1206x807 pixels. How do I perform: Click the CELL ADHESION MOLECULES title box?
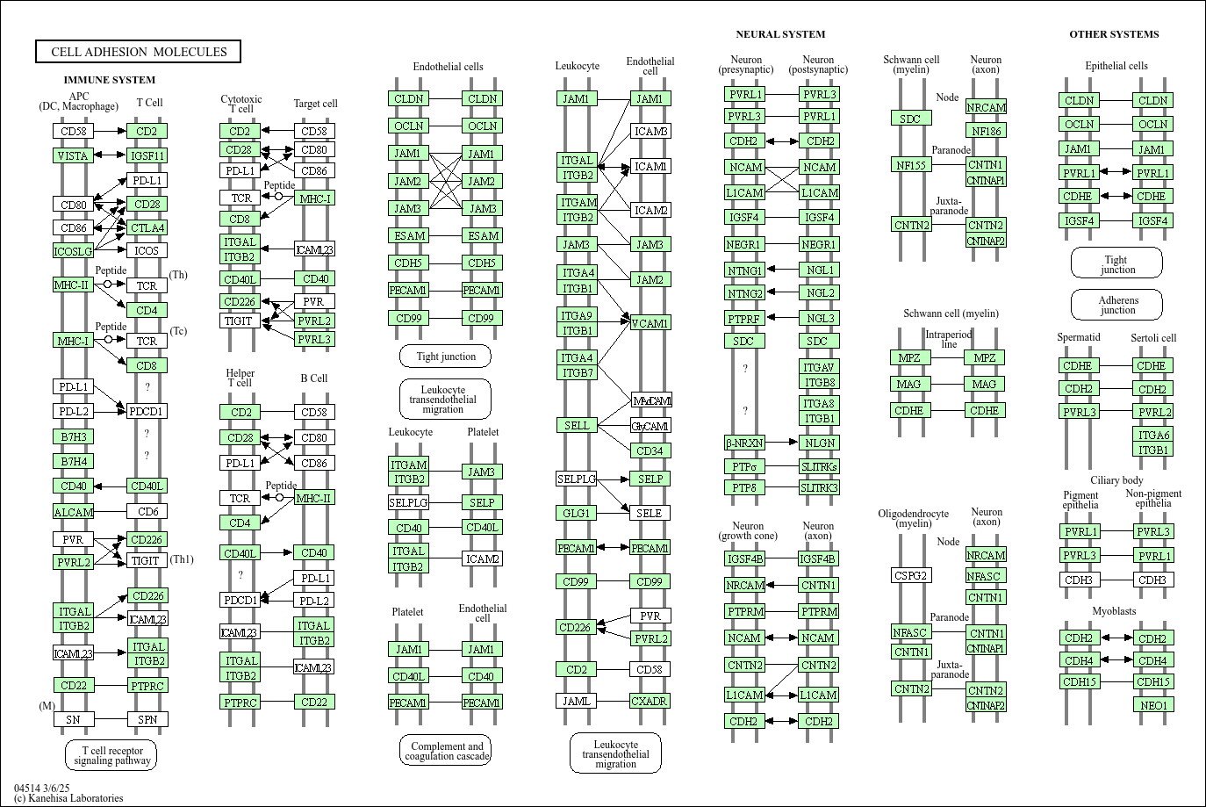coord(138,52)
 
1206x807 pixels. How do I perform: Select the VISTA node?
coord(73,155)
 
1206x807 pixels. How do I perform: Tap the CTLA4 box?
coord(147,228)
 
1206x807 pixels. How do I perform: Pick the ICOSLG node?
coord(73,250)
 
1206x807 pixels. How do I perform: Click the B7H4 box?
coord(73,461)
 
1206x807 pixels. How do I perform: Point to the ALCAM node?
coord(73,512)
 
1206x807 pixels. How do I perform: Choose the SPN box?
coord(147,719)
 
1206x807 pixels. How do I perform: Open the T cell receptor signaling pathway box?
coord(111,754)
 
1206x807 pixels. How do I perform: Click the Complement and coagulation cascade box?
coord(446,750)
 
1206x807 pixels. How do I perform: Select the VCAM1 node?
coord(650,323)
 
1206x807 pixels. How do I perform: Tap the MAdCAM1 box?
coord(651,400)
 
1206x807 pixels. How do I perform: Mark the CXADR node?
coord(650,701)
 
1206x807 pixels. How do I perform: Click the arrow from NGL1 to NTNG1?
coord(782,269)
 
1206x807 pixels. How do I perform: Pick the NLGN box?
coord(820,443)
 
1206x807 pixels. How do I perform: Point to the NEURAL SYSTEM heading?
coord(780,34)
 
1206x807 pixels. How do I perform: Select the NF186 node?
coord(986,130)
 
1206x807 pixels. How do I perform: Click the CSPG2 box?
coord(911,575)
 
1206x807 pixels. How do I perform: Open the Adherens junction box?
coord(1116,305)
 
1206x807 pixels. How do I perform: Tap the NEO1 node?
coord(1153,705)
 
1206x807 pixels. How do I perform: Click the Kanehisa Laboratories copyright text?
coord(68,798)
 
